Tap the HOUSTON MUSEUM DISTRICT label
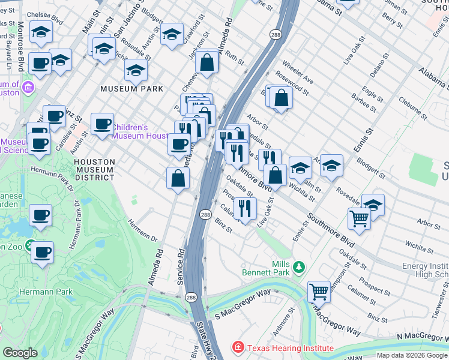(x=94, y=169)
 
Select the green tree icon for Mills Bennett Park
(x=298, y=266)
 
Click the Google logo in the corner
(x=20, y=353)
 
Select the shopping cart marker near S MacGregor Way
(x=319, y=292)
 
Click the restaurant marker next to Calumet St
(x=245, y=208)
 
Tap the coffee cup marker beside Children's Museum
(x=102, y=124)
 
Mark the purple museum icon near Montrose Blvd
(x=27, y=89)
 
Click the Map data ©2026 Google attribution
(x=412, y=355)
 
